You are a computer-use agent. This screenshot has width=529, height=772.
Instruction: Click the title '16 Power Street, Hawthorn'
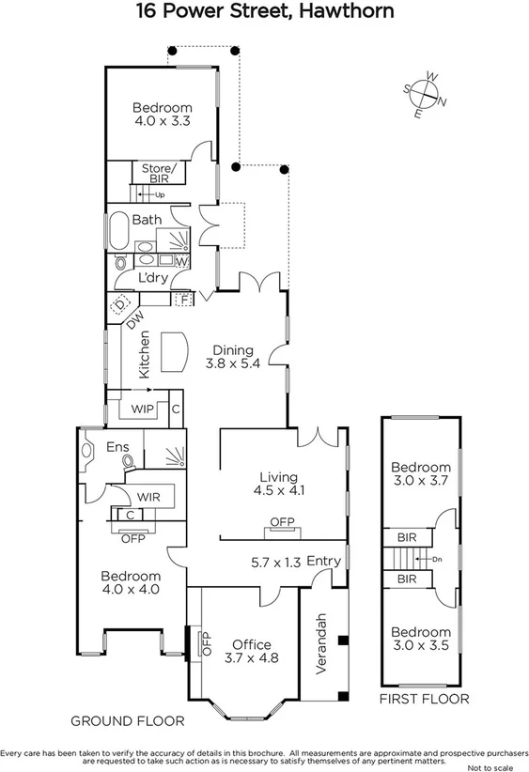tap(264, 12)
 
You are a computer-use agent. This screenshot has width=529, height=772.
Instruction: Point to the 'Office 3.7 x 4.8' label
tap(251, 651)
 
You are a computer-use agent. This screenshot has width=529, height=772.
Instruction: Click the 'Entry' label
tap(323, 561)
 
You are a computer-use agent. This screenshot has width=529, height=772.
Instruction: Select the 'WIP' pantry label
tap(143, 409)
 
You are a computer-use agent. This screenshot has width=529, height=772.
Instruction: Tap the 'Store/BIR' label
tap(160, 174)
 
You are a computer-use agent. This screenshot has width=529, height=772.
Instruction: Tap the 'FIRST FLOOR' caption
tap(423, 699)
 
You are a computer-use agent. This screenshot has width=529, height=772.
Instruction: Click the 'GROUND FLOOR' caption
tap(127, 720)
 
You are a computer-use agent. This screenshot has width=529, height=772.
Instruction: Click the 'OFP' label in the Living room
tap(281, 522)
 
